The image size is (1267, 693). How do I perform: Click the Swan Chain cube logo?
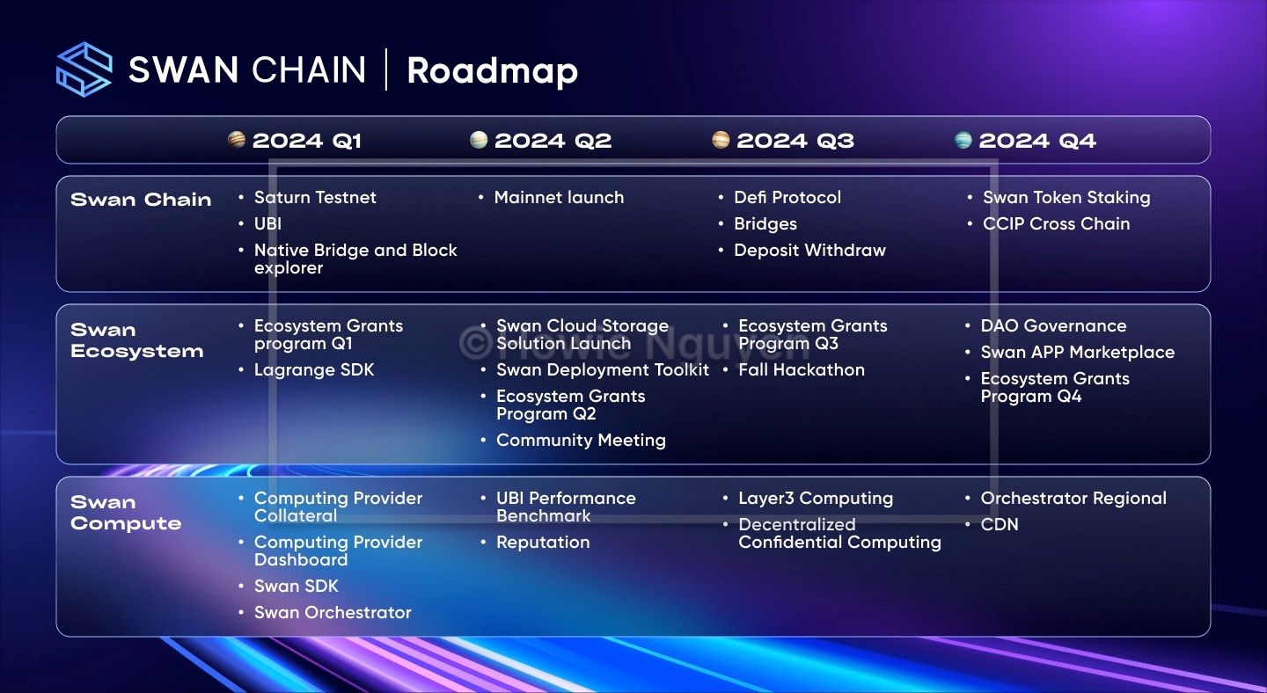click(x=84, y=69)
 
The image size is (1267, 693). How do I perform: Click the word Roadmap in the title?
click(x=492, y=72)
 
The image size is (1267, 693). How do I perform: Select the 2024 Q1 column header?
click(x=306, y=141)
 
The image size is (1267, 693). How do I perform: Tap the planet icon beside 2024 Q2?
click(x=479, y=140)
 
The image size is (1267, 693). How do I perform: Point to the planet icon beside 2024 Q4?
click(x=963, y=140)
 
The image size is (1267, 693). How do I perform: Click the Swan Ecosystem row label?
click(x=137, y=340)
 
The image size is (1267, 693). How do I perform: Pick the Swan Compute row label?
click(x=126, y=513)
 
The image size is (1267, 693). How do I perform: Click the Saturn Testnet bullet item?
click(x=315, y=197)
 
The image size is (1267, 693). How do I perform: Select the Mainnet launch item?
click(x=559, y=197)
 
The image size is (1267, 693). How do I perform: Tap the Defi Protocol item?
click(x=787, y=197)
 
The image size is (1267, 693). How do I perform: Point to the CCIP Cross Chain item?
click(x=1056, y=224)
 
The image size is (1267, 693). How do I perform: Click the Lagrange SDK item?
click(x=314, y=370)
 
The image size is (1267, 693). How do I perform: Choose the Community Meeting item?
click(x=581, y=441)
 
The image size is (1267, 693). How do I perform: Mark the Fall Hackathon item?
click(x=802, y=370)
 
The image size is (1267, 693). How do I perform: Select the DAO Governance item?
click(x=1053, y=326)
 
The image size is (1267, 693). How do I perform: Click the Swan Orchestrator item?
click(x=333, y=613)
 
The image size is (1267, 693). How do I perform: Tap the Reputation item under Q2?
click(x=543, y=543)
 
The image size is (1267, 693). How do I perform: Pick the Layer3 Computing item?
click(x=816, y=499)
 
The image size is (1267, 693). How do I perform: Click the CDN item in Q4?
click(x=1000, y=524)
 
